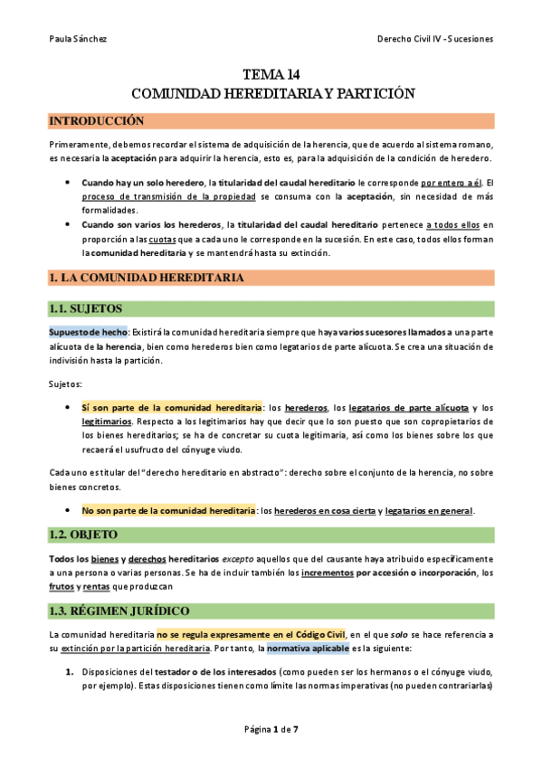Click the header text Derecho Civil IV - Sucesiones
pos(433,39)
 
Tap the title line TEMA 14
pos(271,75)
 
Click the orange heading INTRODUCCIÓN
pos(96,121)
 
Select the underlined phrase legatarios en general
pos(429,511)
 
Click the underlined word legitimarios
pos(107,421)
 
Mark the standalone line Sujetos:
pos(66,384)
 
